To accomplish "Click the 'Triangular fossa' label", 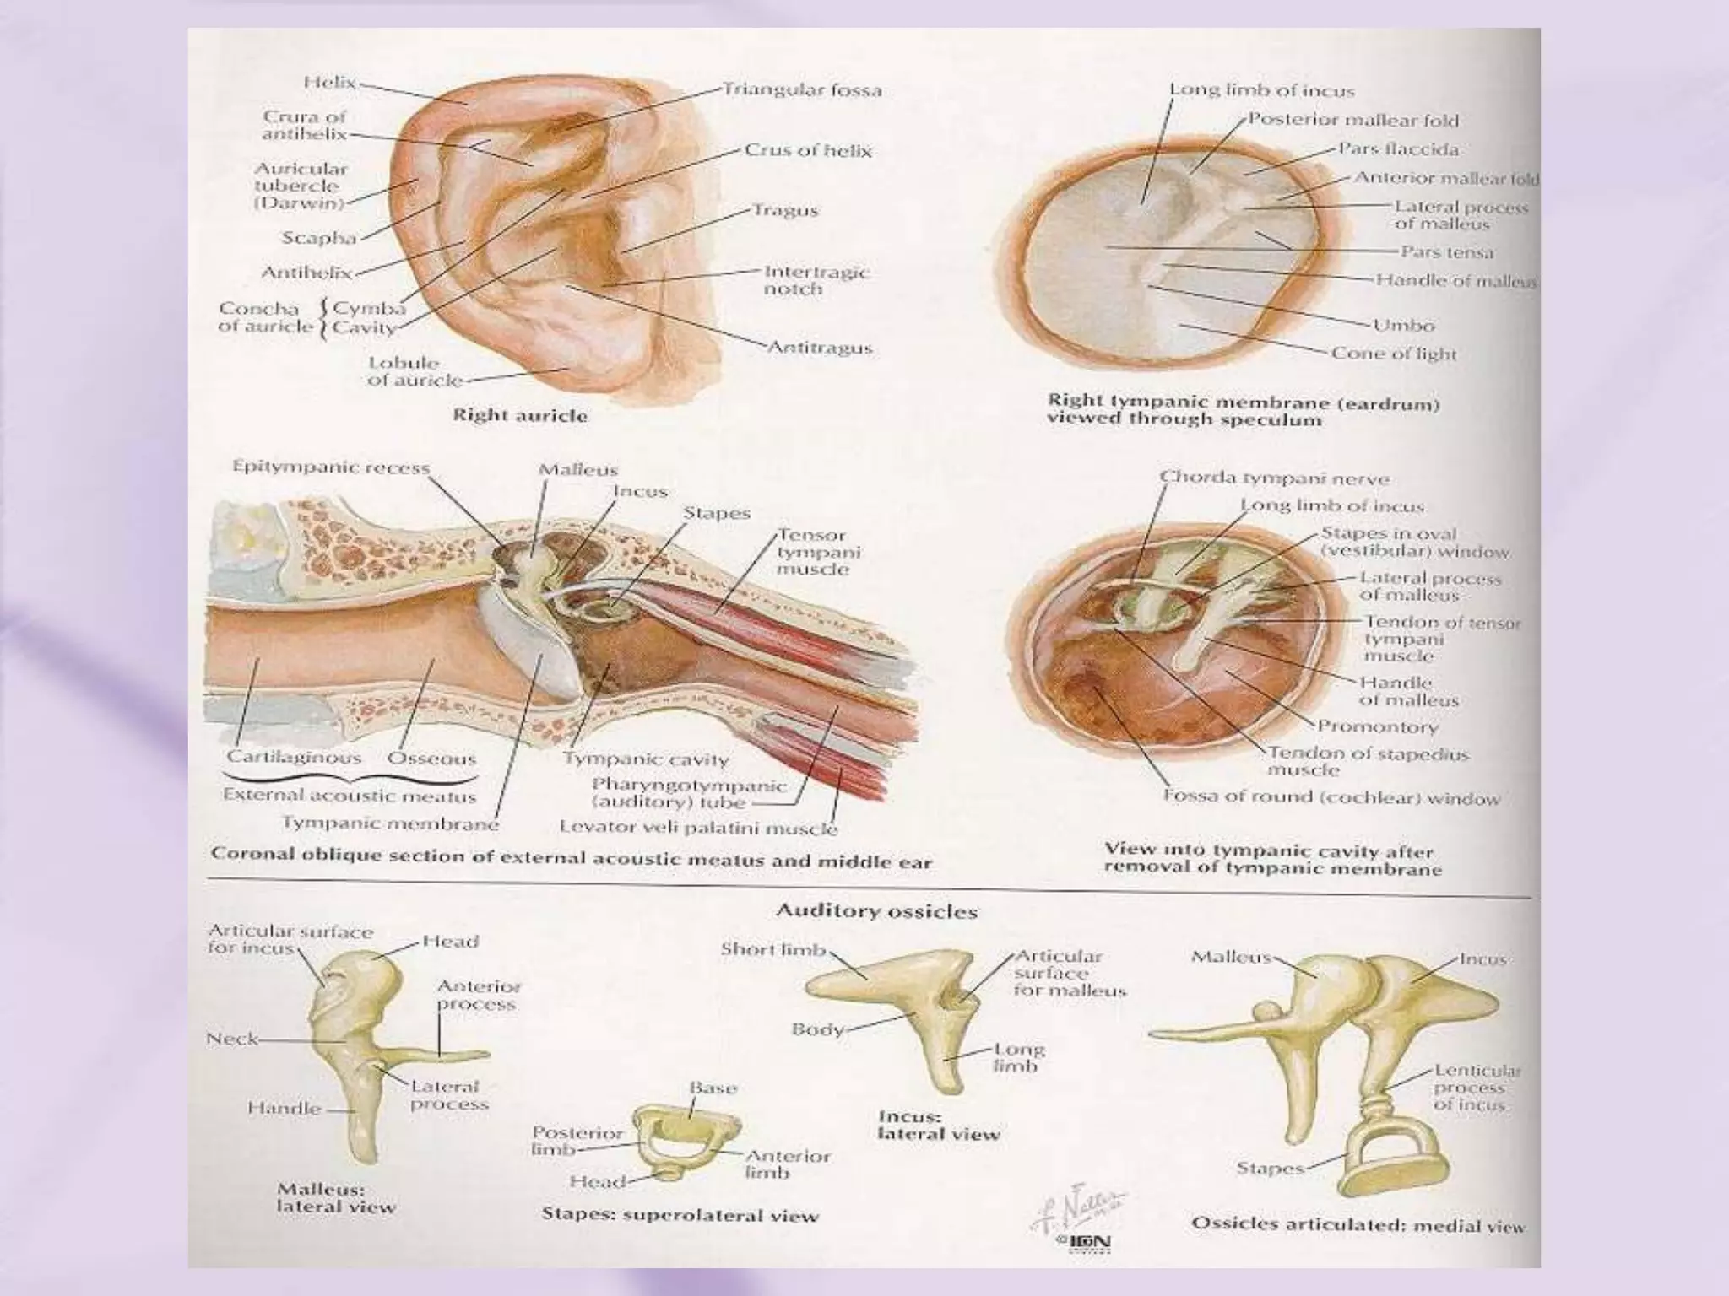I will pos(802,89).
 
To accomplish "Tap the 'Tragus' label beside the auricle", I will pos(785,210).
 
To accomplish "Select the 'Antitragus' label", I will pos(819,348).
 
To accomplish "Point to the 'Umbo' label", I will pos(1403,325).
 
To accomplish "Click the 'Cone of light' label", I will pos(1394,354).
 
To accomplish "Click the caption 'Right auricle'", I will pos(519,415).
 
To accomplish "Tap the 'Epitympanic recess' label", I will pos(331,467).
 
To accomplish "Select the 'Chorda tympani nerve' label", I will pos(1274,478).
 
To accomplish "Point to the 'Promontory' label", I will pos(1377,726).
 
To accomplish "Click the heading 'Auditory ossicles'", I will pos(876,911).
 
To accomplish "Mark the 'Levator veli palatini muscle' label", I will pos(698,828).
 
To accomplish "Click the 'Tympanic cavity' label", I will pos(645,759).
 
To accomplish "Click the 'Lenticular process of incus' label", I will pos(1477,1088).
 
